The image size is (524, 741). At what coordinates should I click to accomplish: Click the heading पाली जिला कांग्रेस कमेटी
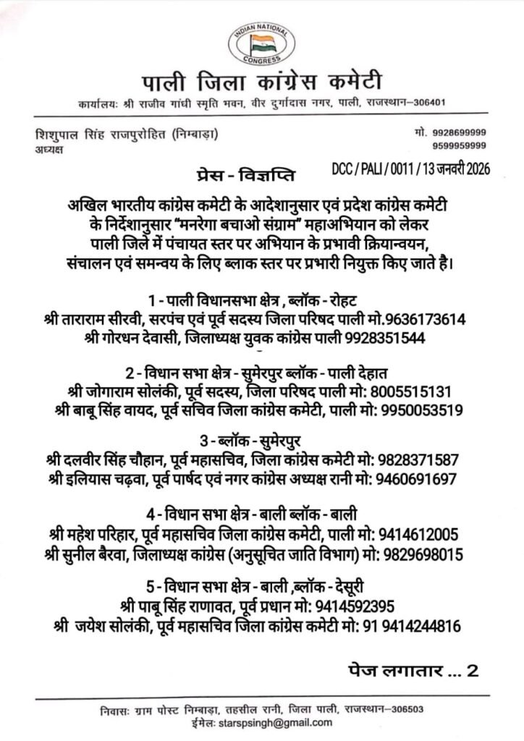coord(261,81)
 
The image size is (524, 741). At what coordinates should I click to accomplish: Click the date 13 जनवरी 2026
coord(456,169)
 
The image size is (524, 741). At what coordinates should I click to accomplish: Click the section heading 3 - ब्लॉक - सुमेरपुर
coord(262,441)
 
